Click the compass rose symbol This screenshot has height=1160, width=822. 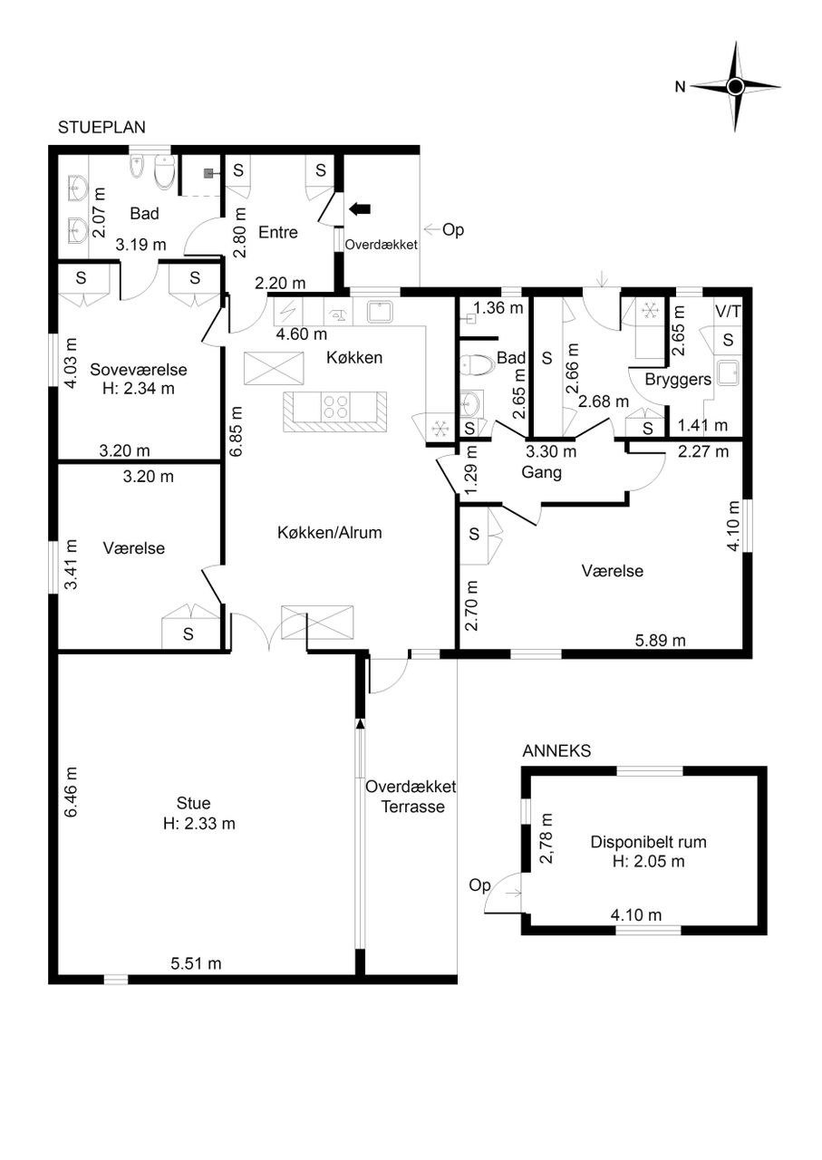(x=735, y=86)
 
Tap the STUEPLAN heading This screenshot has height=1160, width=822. (x=102, y=128)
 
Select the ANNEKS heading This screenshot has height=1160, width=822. (x=556, y=751)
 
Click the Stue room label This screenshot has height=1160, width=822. (x=194, y=803)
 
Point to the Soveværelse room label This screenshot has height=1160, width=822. (x=139, y=370)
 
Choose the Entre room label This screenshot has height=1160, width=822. (x=278, y=233)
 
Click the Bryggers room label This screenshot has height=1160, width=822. (x=678, y=380)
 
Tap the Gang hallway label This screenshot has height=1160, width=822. (x=541, y=472)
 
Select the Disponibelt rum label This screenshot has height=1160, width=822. (x=649, y=842)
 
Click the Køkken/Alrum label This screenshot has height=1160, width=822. (x=330, y=532)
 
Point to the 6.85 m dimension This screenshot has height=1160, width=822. (x=236, y=430)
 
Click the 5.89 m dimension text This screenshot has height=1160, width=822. (x=661, y=641)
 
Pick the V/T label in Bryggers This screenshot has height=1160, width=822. (x=728, y=312)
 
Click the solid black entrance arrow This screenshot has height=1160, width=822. (x=360, y=208)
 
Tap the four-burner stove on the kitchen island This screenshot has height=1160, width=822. (x=335, y=406)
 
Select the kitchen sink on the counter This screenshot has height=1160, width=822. (x=381, y=312)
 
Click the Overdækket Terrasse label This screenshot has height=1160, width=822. (x=411, y=797)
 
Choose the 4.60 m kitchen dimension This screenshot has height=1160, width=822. (x=302, y=334)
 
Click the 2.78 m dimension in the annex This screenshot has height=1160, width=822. (x=546, y=839)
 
